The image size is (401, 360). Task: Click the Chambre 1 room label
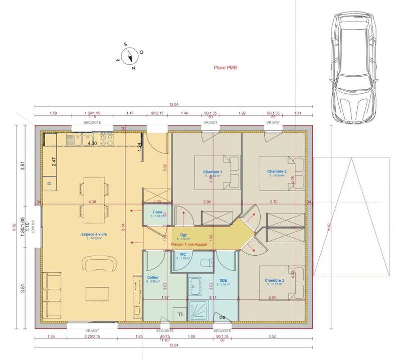213,171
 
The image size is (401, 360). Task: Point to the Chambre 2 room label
277,171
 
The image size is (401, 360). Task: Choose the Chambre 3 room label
275,281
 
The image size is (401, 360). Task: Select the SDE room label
224,281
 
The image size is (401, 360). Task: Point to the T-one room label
157,212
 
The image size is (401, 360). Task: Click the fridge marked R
49,184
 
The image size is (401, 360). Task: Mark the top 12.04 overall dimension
174,104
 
